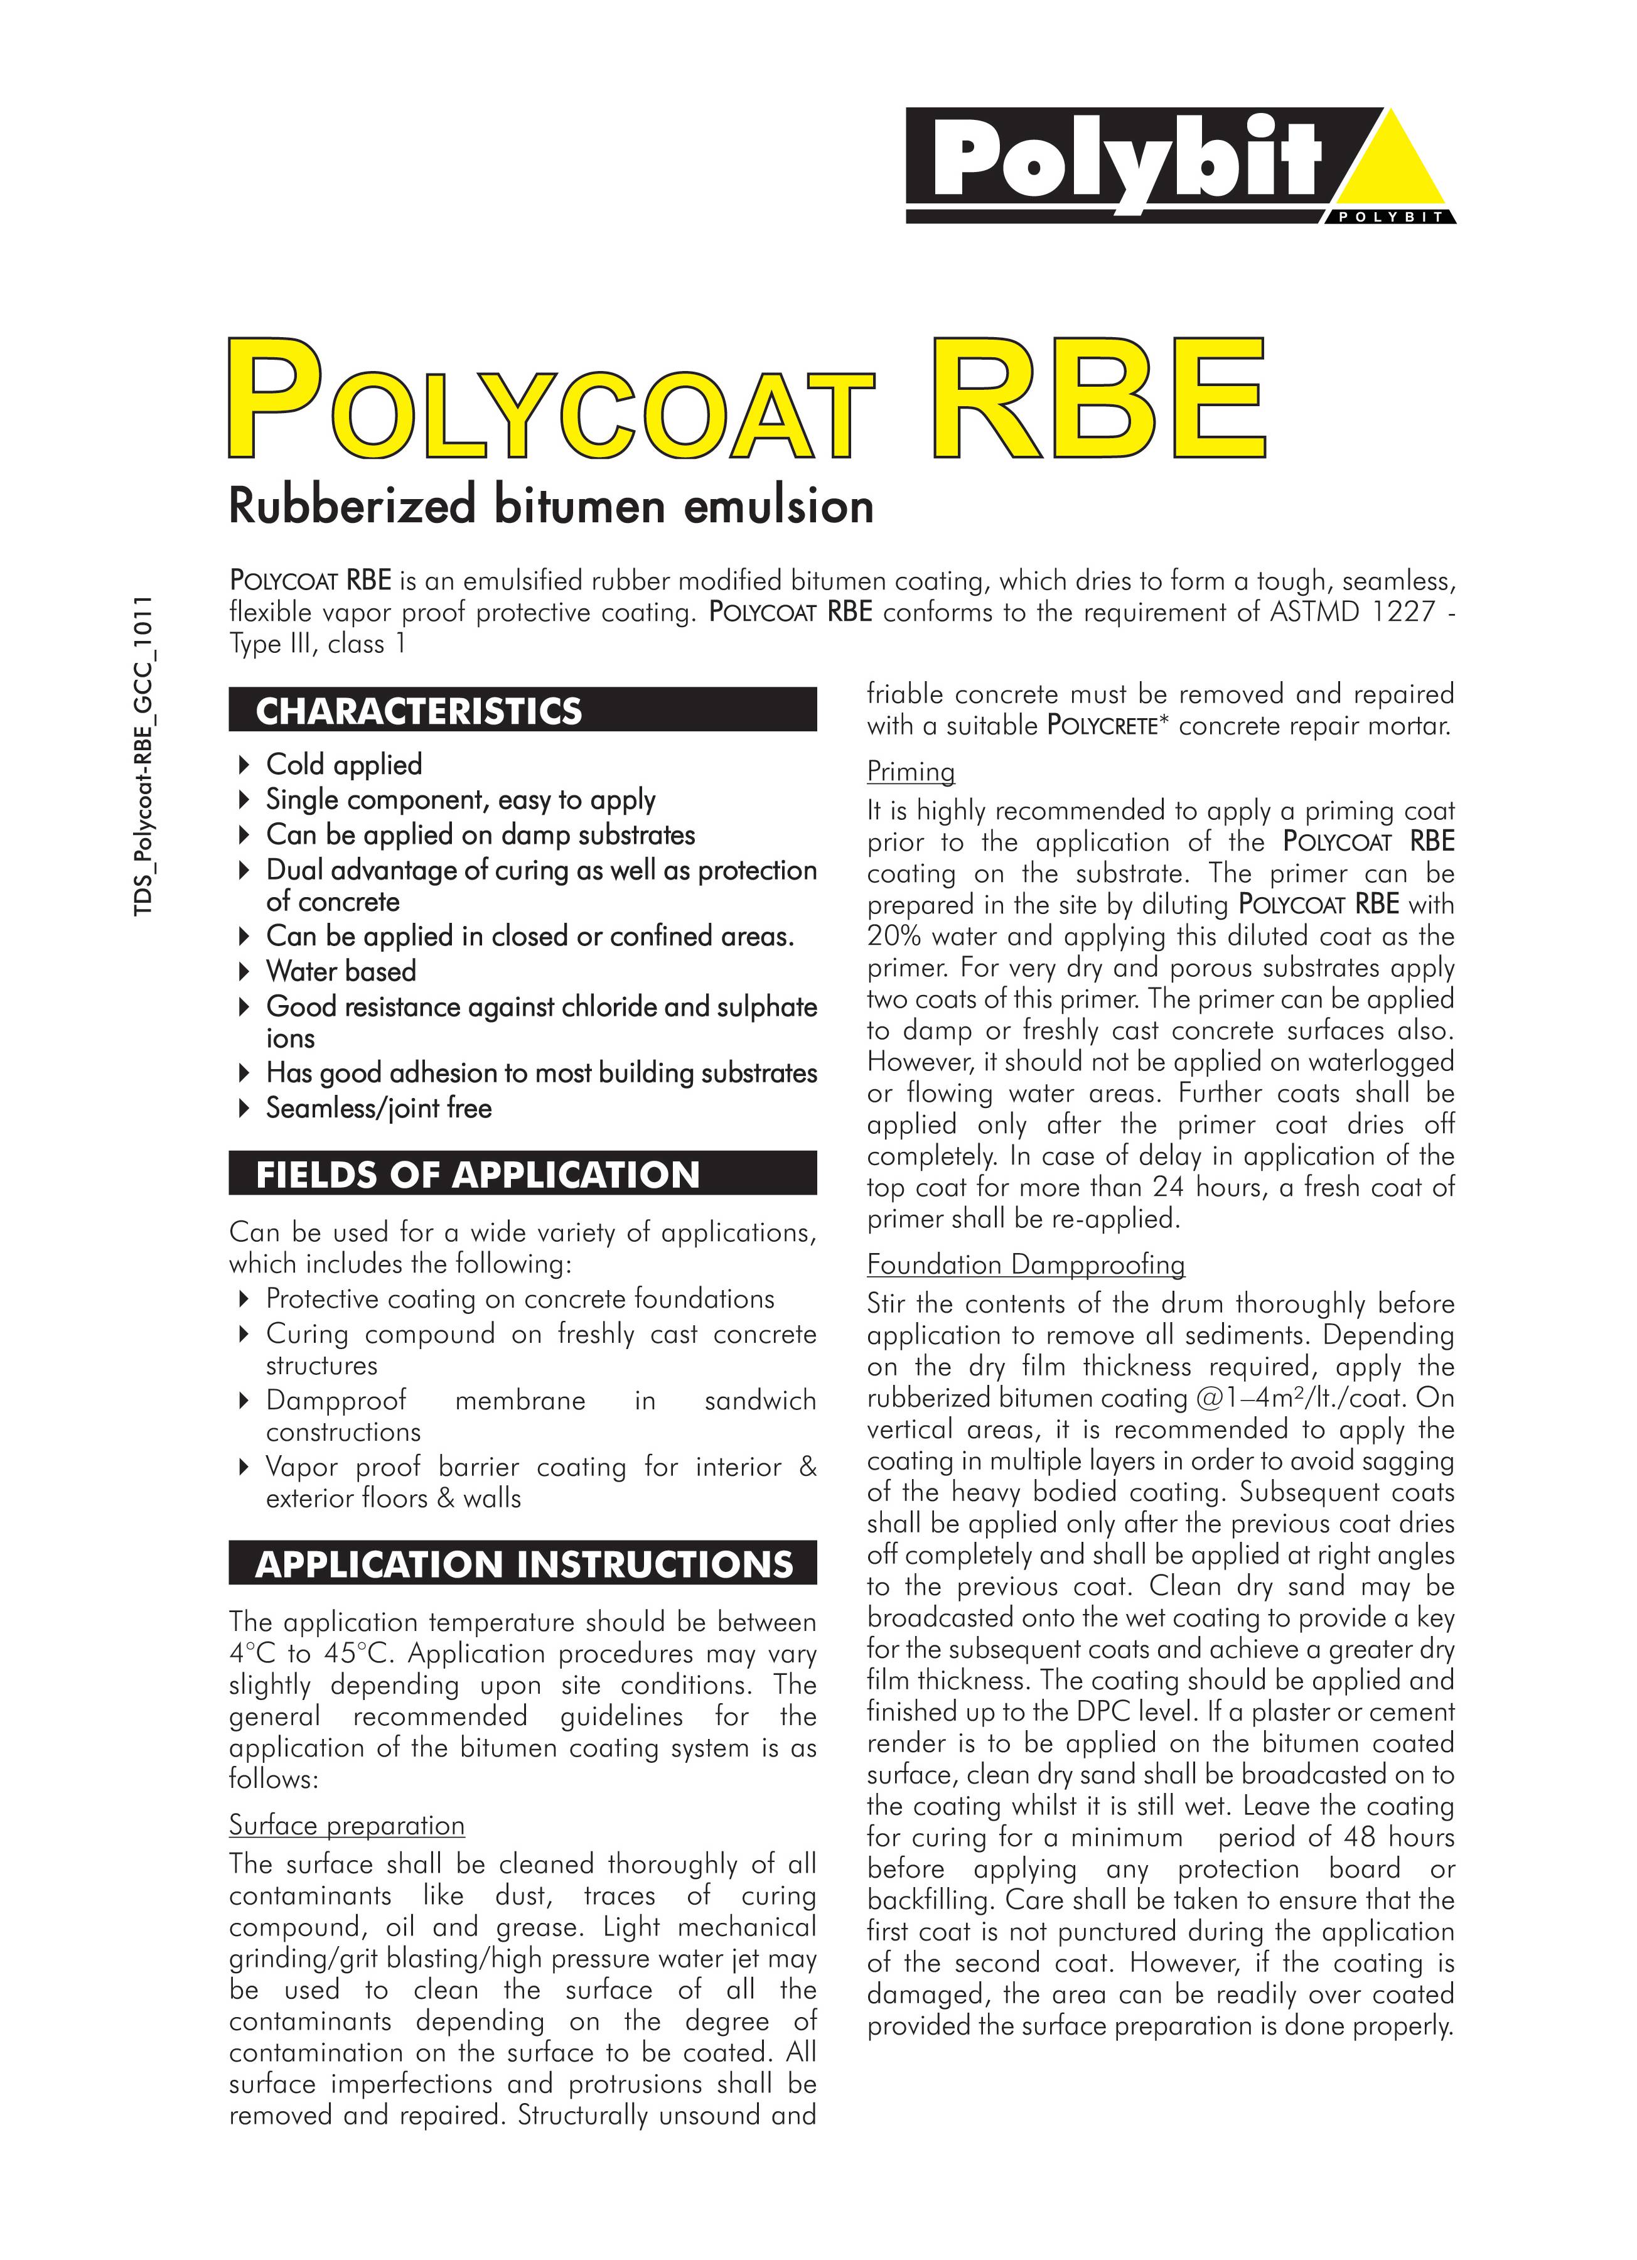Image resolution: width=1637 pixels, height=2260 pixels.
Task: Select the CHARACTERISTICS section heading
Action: (419, 711)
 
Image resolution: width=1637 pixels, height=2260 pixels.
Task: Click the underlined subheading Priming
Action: (910, 772)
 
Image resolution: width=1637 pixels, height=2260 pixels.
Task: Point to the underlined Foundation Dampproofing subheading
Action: (1025, 1264)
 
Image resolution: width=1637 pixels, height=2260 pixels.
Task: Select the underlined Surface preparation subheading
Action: (346, 1824)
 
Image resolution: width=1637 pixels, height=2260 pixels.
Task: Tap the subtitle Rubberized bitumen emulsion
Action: (551, 505)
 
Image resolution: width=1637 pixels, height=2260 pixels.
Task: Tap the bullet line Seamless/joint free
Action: (378, 1108)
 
